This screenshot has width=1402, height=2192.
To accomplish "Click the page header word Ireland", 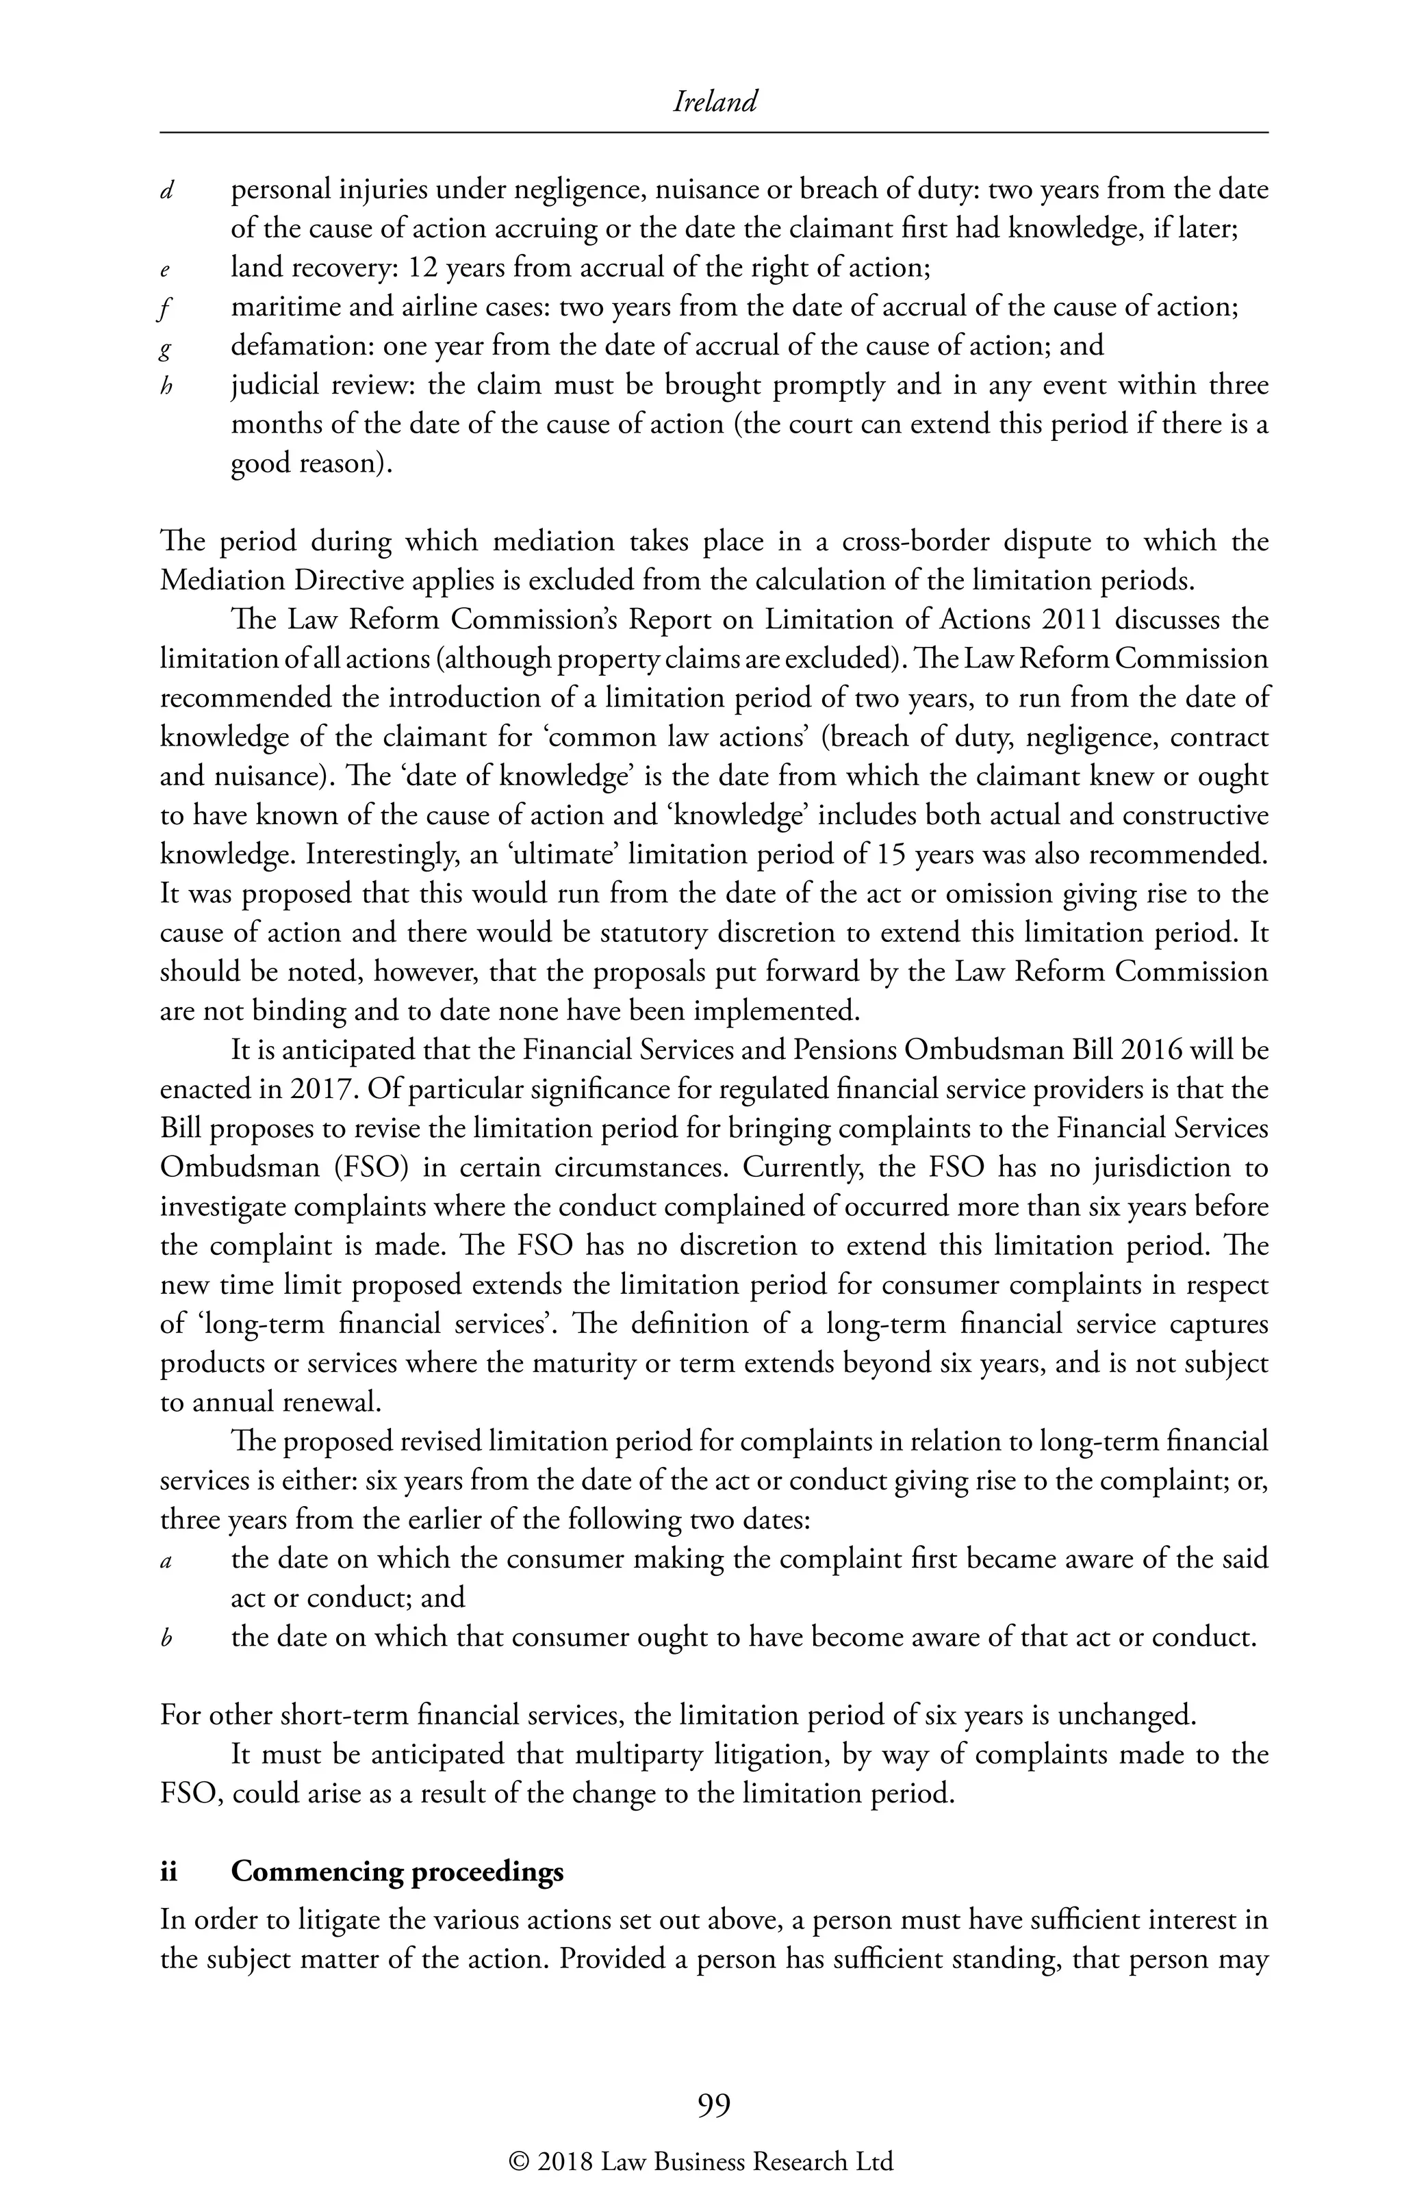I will [x=715, y=102].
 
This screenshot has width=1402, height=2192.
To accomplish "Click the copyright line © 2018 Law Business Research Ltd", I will [x=701, y=2163].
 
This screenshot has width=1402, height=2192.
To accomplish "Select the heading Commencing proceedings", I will [x=397, y=1872].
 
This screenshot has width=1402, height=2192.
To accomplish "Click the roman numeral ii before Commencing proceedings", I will [x=168, y=1872].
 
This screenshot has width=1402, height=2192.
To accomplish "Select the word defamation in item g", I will [x=301, y=346].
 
